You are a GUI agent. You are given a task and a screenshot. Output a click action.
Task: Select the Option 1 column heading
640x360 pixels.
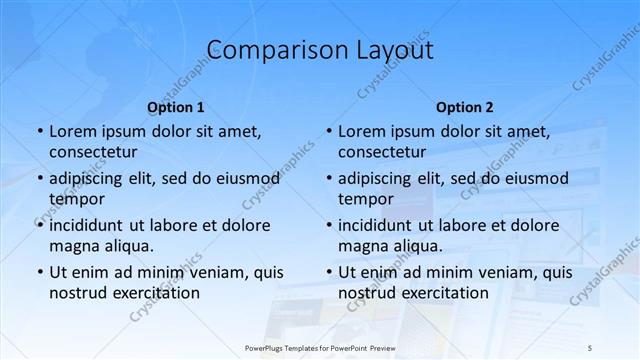pyautogui.click(x=176, y=107)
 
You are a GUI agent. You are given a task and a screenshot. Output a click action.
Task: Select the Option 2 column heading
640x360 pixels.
pyautogui.click(x=465, y=107)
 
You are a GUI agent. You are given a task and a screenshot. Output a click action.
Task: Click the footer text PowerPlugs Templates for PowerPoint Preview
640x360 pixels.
pyautogui.click(x=320, y=346)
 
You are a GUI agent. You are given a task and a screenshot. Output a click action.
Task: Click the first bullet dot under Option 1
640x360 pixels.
pyautogui.click(x=39, y=131)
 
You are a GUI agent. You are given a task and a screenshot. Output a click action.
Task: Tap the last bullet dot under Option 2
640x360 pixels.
pyautogui.click(x=328, y=272)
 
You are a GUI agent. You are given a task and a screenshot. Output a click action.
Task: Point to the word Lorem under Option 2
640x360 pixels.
pyautogui.click(x=361, y=131)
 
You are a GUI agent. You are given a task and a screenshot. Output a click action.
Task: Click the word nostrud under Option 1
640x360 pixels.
pyautogui.click(x=77, y=293)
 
